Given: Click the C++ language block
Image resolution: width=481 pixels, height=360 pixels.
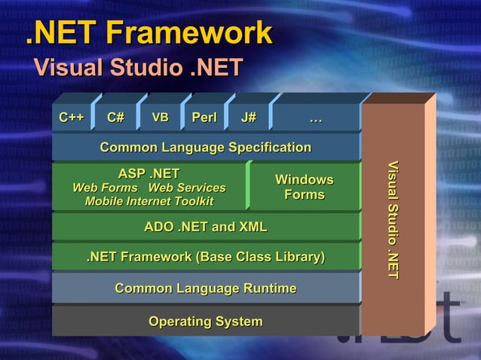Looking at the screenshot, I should [x=72, y=117].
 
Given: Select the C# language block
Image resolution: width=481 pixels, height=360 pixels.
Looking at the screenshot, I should [x=115, y=117].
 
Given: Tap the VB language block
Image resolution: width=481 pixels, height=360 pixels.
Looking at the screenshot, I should [x=160, y=117].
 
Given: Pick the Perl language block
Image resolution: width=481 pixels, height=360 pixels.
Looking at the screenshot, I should [x=204, y=117].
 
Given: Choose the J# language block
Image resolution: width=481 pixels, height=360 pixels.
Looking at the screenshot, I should [x=249, y=117].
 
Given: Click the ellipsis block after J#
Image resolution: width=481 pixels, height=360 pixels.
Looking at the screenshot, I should [x=316, y=117].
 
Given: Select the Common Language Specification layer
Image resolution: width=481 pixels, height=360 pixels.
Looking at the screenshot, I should [x=205, y=147].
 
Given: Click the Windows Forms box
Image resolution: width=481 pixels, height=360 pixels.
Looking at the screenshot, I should [x=304, y=188].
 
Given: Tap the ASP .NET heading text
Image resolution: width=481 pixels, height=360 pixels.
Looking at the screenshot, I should [x=149, y=175].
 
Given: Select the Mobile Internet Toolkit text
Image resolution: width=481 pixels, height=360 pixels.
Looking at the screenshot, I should [x=149, y=201].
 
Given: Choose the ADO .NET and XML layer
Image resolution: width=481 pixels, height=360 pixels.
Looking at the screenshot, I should [x=205, y=227].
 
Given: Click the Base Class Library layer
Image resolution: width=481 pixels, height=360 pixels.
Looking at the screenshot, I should [x=205, y=258].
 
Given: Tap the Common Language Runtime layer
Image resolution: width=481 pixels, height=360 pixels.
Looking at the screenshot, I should [x=205, y=288].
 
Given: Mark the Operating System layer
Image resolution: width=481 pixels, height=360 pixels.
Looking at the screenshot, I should [x=205, y=322].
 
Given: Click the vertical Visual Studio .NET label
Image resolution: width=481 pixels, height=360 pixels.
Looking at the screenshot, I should [x=393, y=219].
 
